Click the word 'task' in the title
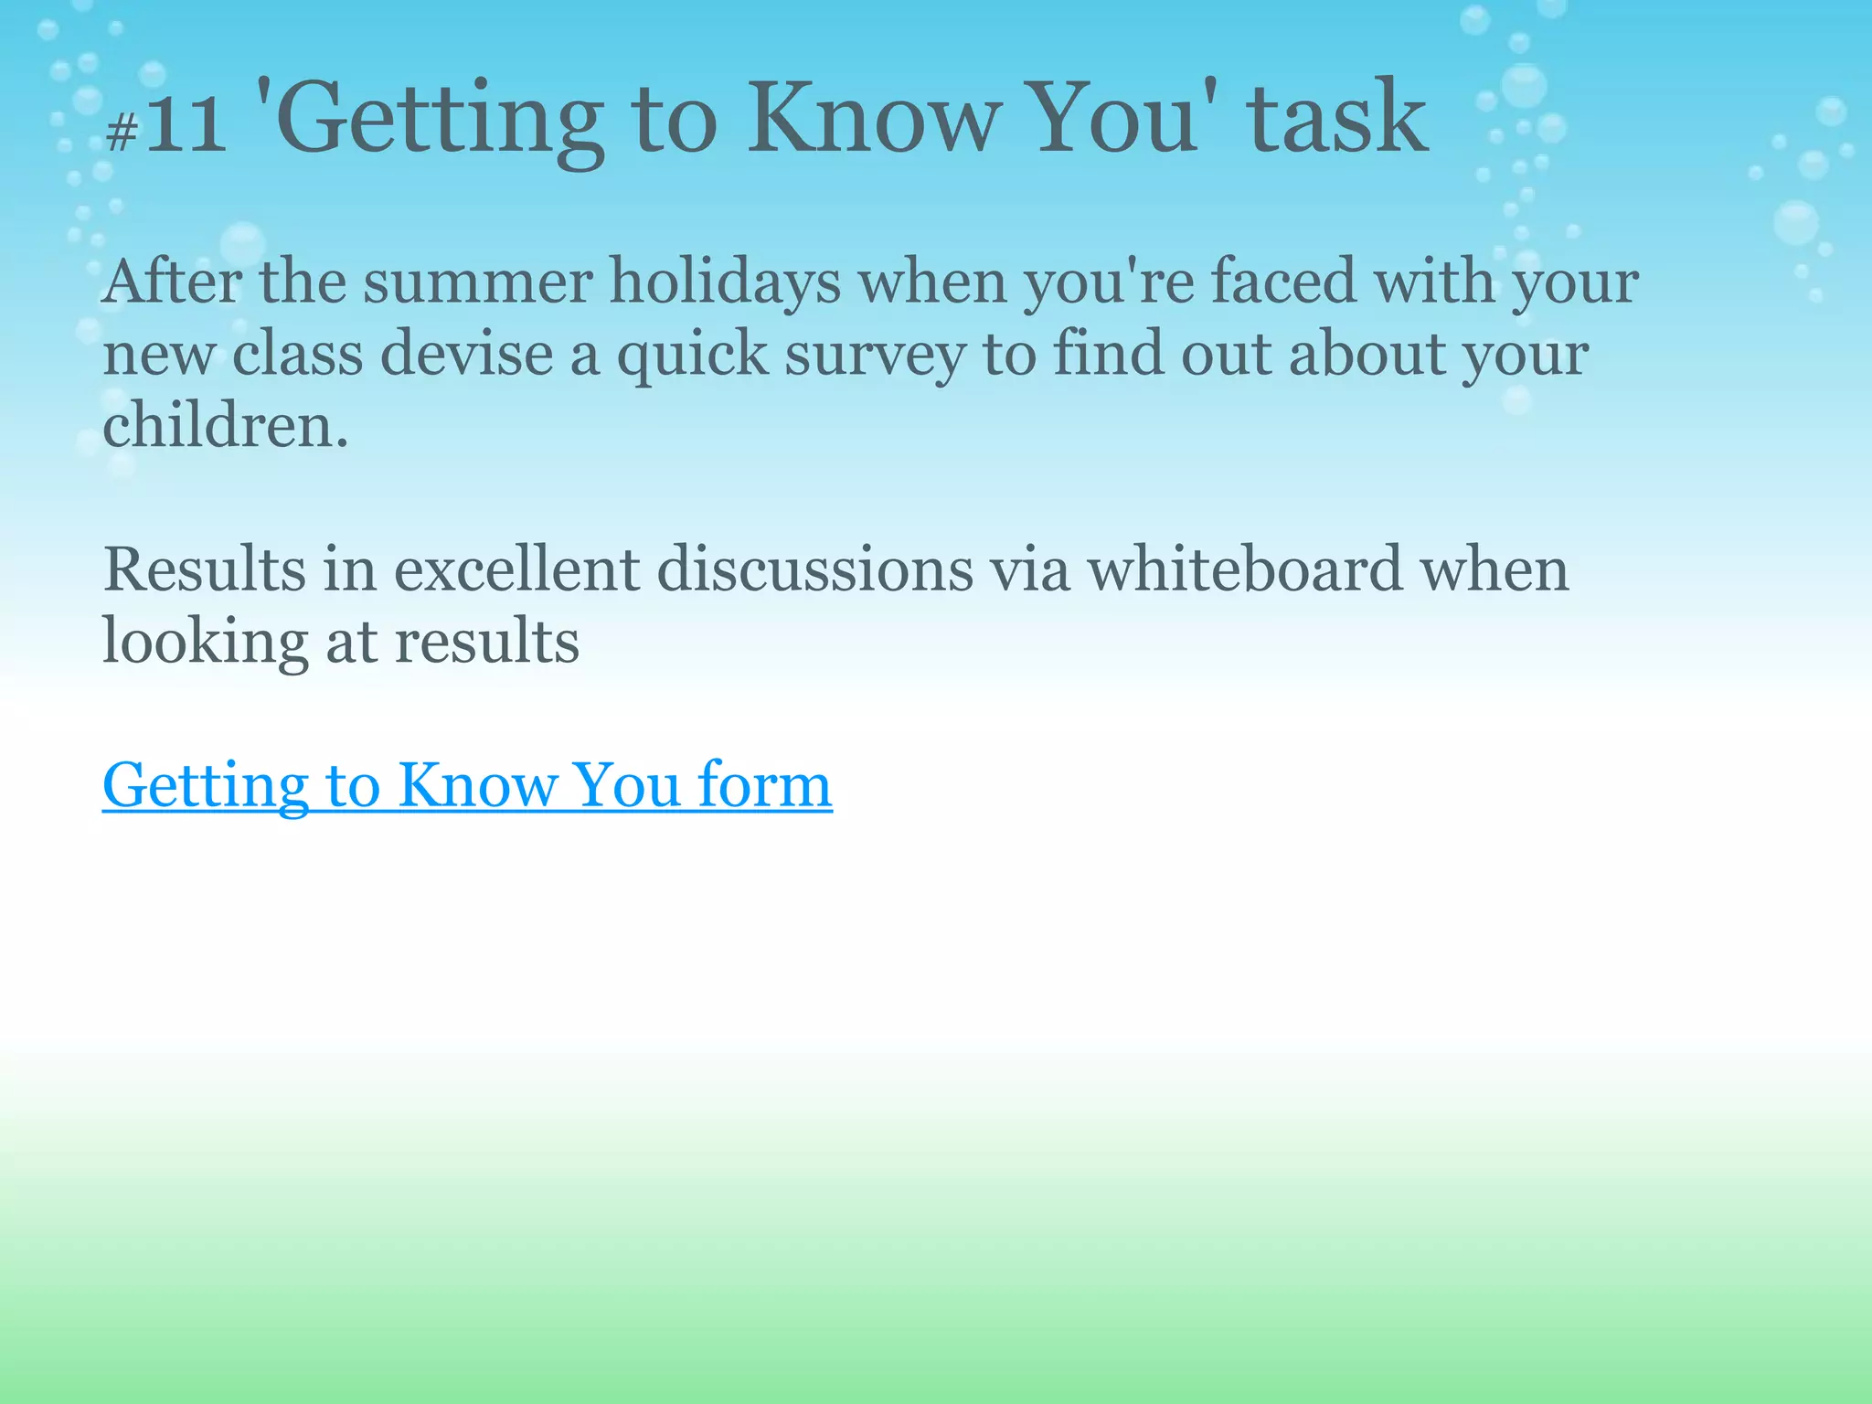tap(1336, 119)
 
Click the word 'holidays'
tap(725, 282)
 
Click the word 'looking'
tap(205, 643)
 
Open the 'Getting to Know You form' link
tap(467, 785)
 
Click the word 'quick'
tap(692, 356)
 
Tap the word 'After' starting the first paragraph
tap(172, 282)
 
